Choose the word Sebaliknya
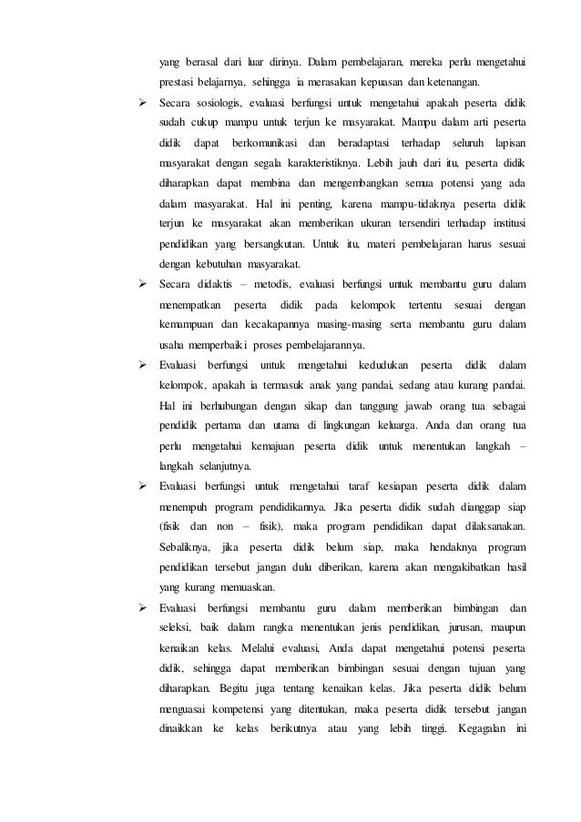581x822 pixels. (183, 546)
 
